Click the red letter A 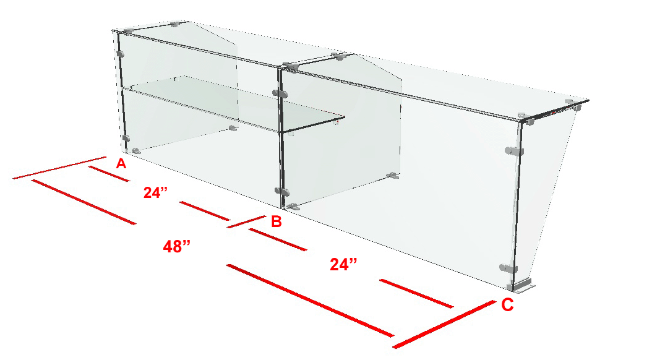point(121,164)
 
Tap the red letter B point(276,221)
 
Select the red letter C point(507,305)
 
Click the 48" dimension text point(177,247)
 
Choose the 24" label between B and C point(343,264)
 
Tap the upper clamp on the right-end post point(514,152)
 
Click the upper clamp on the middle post point(280,93)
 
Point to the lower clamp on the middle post point(281,191)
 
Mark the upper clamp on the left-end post point(120,54)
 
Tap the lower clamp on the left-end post point(126,138)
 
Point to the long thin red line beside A point(59,168)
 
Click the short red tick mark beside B point(247,221)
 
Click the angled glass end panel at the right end point(549,195)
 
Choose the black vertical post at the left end point(122,92)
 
